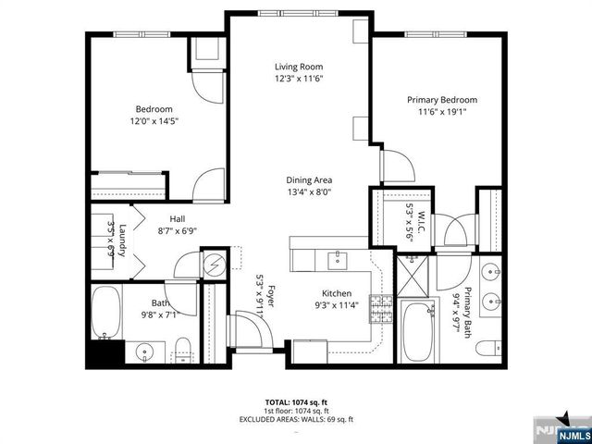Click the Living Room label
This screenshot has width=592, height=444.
coord(297,67)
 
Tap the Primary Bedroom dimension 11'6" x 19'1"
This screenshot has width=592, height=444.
coord(441,112)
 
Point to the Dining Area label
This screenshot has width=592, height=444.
coord(309,180)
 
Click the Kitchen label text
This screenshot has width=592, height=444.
coord(338,293)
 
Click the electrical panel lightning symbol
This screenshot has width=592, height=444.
coord(214,265)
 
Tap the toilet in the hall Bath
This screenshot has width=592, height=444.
coord(183,351)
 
